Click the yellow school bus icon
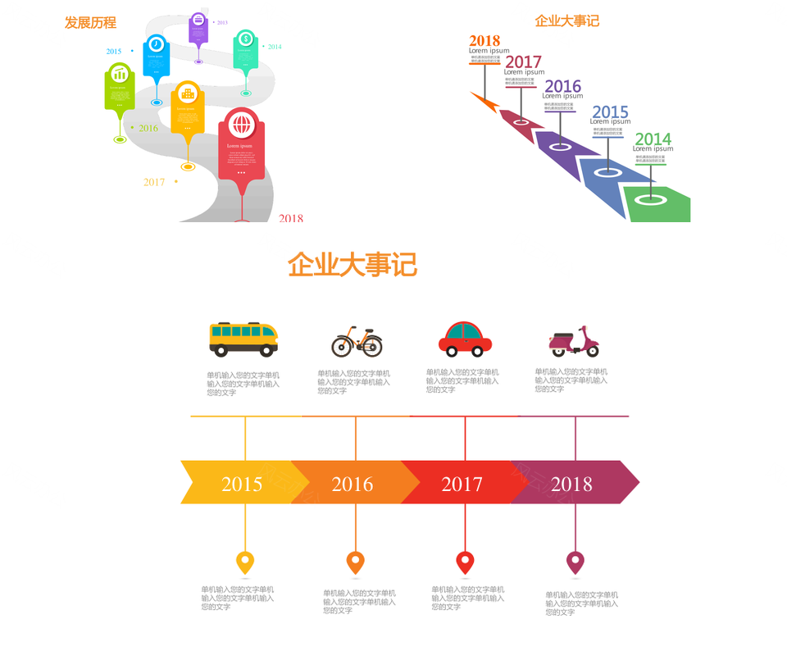click(243, 339)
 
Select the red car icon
click(465, 339)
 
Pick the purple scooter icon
click(574, 340)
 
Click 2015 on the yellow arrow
click(242, 484)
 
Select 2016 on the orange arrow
click(353, 484)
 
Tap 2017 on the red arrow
click(462, 484)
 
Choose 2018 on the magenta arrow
click(571, 484)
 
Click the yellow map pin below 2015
click(245, 562)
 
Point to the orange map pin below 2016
click(355, 562)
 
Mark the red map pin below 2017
click(465, 562)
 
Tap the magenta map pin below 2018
click(575, 562)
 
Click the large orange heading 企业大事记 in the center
click(353, 265)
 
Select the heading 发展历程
click(90, 22)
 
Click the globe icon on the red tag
click(241, 125)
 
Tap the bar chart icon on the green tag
click(120, 75)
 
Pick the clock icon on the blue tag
click(156, 44)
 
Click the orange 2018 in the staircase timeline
click(484, 41)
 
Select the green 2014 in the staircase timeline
click(653, 139)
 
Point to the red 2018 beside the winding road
click(291, 218)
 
